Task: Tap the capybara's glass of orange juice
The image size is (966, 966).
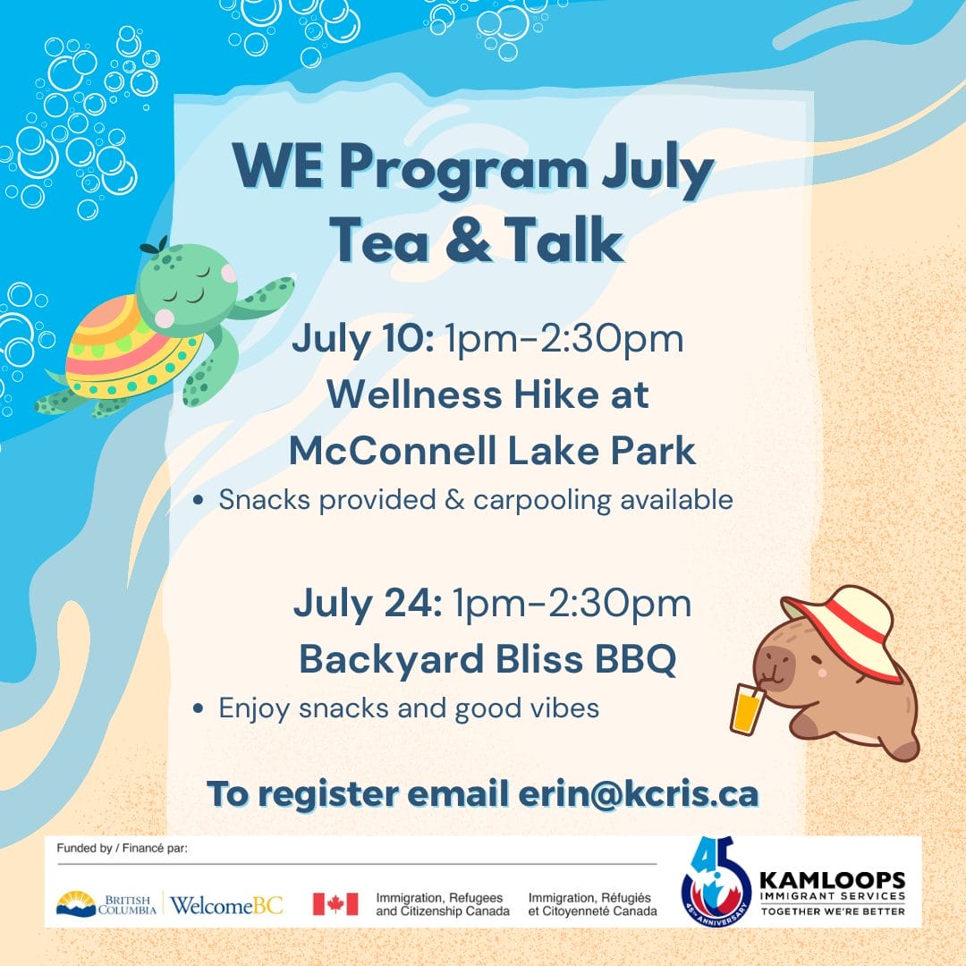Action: (x=747, y=708)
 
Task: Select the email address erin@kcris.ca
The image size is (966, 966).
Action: (x=639, y=793)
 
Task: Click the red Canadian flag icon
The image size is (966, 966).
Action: (x=335, y=903)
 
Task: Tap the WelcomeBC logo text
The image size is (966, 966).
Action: (x=226, y=905)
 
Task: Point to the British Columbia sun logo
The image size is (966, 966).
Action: (x=76, y=903)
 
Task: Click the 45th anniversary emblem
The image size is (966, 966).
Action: (x=716, y=882)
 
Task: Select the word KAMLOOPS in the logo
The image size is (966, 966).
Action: (x=833, y=880)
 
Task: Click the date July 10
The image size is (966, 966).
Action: (x=363, y=339)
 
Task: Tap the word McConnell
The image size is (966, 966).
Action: (x=393, y=450)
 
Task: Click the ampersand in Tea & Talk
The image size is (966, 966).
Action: (x=468, y=241)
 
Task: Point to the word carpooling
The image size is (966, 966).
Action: (x=542, y=500)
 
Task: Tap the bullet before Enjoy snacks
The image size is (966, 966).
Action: (x=198, y=708)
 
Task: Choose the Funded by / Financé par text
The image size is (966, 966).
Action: (x=122, y=848)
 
